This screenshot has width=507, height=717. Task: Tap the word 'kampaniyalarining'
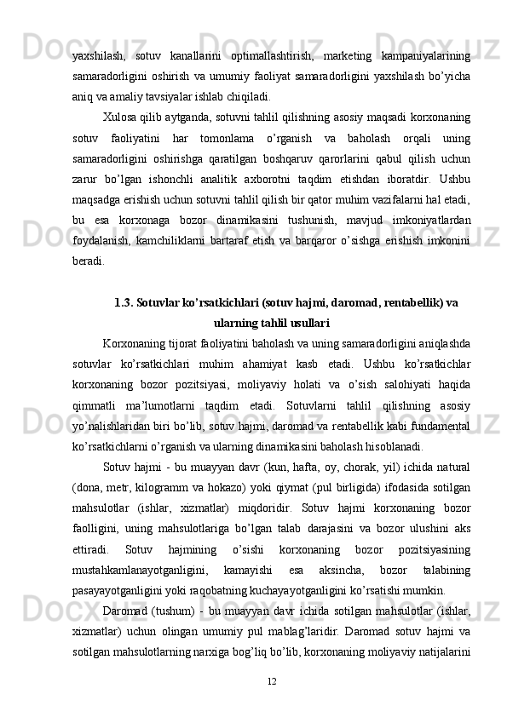pyautogui.click(x=429, y=55)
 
